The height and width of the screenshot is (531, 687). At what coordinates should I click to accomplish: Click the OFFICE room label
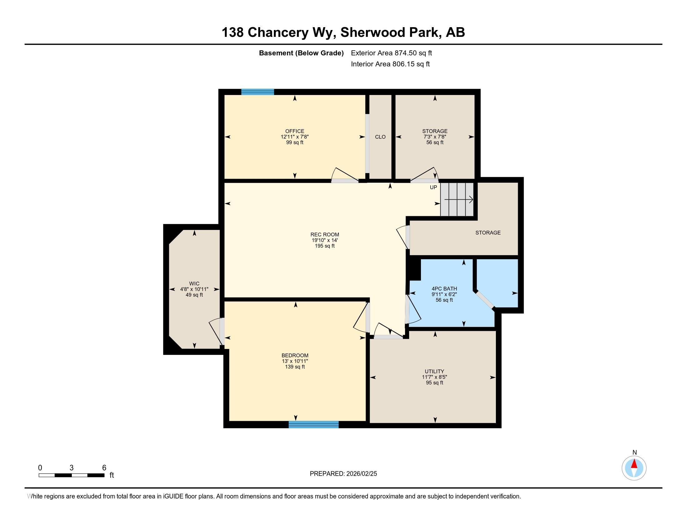pyautogui.click(x=295, y=131)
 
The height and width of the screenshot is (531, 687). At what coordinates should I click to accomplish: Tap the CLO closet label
pyautogui.click(x=380, y=137)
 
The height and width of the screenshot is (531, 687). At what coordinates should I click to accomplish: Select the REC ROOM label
pyautogui.click(x=325, y=234)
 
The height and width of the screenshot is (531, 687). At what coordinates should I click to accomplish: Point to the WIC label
pyautogui.click(x=195, y=283)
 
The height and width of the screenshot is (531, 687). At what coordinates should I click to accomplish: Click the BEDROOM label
pyautogui.click(x=295, y=355)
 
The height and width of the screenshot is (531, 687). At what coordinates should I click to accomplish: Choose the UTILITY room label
pyautogui.click(x=434, y=371)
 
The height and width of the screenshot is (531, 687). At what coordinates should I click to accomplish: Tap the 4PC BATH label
pyautogui.click(x=444, y=289)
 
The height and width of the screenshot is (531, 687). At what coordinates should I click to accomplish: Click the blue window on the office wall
pyautogui.click(x=258, y=92)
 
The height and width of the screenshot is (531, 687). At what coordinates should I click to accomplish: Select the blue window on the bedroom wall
pyautogui.click(x=314, y=424)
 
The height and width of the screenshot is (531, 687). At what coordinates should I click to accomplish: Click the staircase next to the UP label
pyautogui.click(x=457, y=200)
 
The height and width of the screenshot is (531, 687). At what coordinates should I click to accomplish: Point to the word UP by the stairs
pyautogui.click(x=433, y=187)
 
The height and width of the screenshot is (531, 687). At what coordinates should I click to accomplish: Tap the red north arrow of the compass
pyautogui.click(x=634, y=464)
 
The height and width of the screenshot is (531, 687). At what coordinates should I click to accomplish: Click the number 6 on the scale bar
pyautogui.click(x=104, y=468)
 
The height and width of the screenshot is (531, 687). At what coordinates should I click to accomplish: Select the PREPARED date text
pyautogui.click(x=343, y=474)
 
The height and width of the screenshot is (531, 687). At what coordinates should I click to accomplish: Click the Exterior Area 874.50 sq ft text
pyautogui.click(x=391, y=53)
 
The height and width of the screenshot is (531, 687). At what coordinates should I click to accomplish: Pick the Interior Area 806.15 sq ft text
pyautogui.click(x=390, y=64)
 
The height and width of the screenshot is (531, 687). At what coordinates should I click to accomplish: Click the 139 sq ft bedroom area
pyautogui.click(x=295, y=367)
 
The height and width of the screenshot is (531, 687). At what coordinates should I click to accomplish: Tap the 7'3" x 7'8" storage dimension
pyautogui.click(x=435, y=137)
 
